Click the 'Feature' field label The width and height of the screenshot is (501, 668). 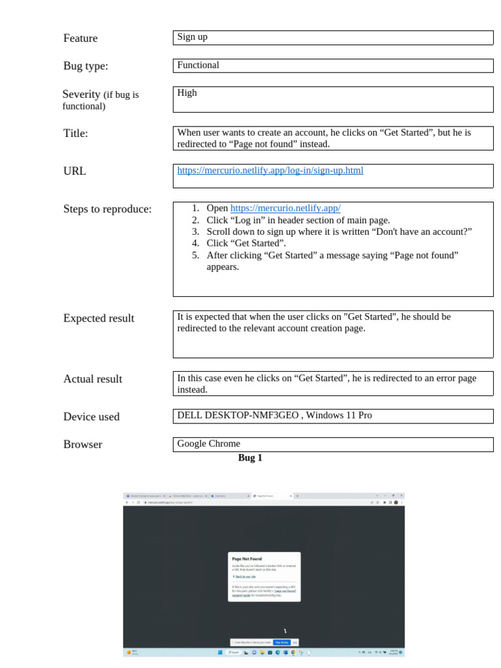(x=80, y=38)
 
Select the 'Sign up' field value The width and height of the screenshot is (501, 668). (x=192, y=37)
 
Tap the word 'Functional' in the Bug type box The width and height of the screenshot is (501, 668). (x=198, y=65)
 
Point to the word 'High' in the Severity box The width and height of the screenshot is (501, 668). (x=187, y=93)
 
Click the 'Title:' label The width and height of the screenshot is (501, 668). (x=76, y=134)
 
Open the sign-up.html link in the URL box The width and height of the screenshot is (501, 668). (x=270, y=171)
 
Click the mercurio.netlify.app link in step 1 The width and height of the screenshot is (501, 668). (x=285, y=209)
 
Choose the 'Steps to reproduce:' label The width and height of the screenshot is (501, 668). (x=107, y=209)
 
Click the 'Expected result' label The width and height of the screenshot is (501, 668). (x=99, y=318)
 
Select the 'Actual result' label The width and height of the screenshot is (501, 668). (x=93, y=379)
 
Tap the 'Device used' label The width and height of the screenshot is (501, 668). (x=91, y=417)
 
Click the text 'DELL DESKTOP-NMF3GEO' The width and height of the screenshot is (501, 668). (x=238, y=416)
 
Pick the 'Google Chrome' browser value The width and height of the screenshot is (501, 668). (x=209, y=444)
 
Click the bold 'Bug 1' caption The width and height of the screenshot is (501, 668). (x=250, y=458)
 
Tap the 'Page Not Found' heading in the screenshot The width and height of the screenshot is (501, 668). (x=247, y=559)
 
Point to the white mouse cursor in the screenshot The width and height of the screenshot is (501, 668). (x=285, y=631)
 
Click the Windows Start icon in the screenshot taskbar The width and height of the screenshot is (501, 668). (x=220, y=652)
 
